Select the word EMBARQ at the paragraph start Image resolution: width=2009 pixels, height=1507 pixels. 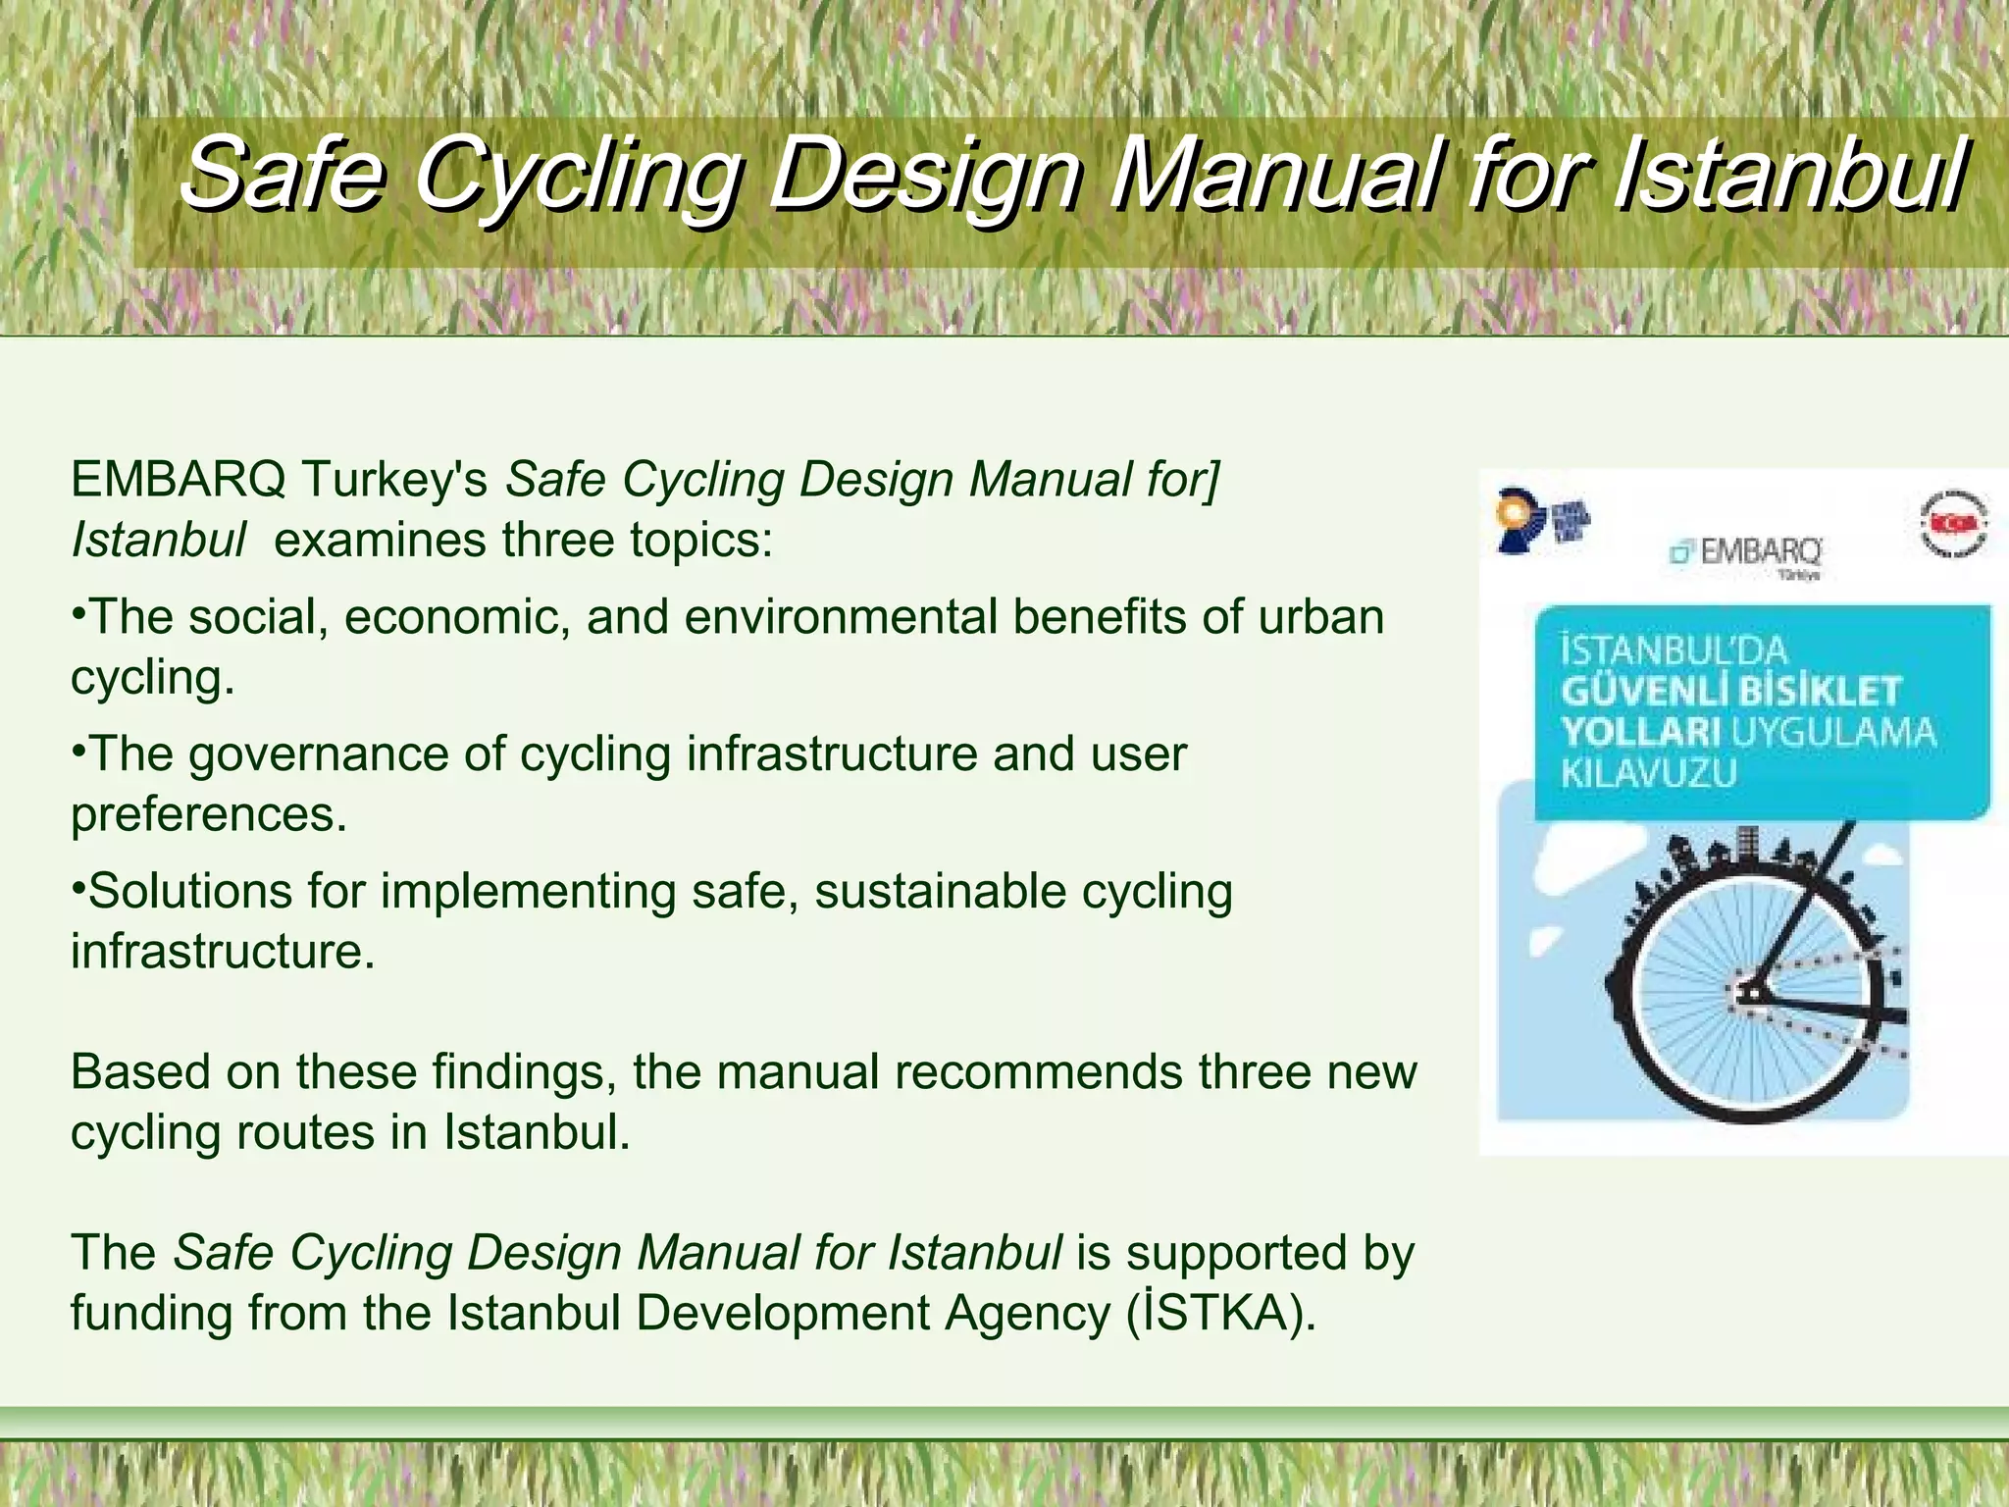click(x=178, y=480)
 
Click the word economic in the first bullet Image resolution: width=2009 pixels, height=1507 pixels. click(x=457, y=617)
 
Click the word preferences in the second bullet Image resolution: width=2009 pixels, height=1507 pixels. click(x=208, y=814)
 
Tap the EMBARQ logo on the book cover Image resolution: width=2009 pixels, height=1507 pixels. click(x=1746, y=553)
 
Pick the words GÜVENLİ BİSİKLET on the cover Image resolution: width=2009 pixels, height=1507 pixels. click(x=1730, y=691)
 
